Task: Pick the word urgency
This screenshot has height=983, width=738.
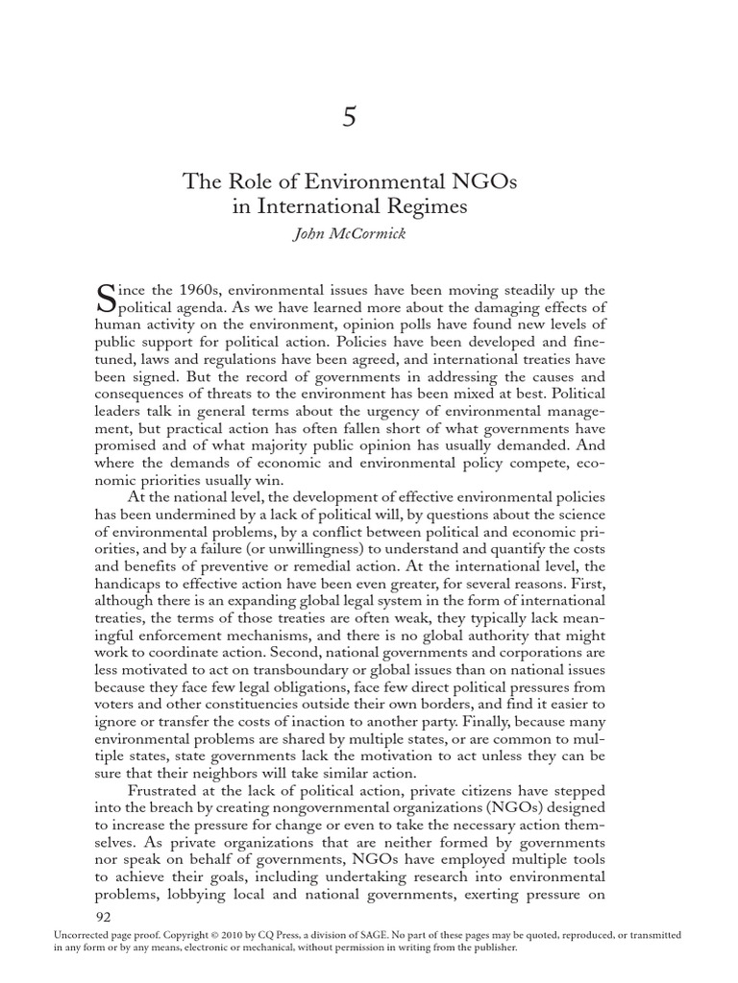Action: click(397, 398)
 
